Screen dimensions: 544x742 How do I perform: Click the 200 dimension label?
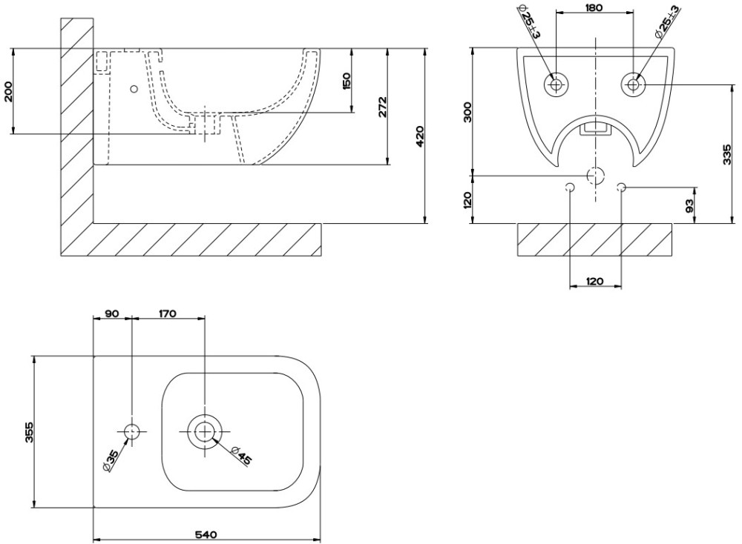pos(8,91)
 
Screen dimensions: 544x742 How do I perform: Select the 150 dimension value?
pos(347,82)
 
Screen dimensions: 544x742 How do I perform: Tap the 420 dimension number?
pos(419,136)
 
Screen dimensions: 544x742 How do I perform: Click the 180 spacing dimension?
pos(594,7)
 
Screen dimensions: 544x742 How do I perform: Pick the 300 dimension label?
pos(467,111)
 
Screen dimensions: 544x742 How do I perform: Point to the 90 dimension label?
pos(111,314)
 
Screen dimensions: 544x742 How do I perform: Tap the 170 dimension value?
pos(167,314)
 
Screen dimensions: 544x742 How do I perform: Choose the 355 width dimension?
pos(30,432)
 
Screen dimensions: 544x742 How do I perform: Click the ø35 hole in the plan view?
pos(131,431)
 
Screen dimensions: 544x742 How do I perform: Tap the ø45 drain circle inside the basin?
pos(205,431)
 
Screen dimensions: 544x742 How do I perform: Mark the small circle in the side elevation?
pos(134,90)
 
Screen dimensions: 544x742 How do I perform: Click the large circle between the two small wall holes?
pos(596,176)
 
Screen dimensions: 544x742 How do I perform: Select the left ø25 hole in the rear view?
pos(556,84)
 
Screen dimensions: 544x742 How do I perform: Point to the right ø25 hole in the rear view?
pos(633,84)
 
